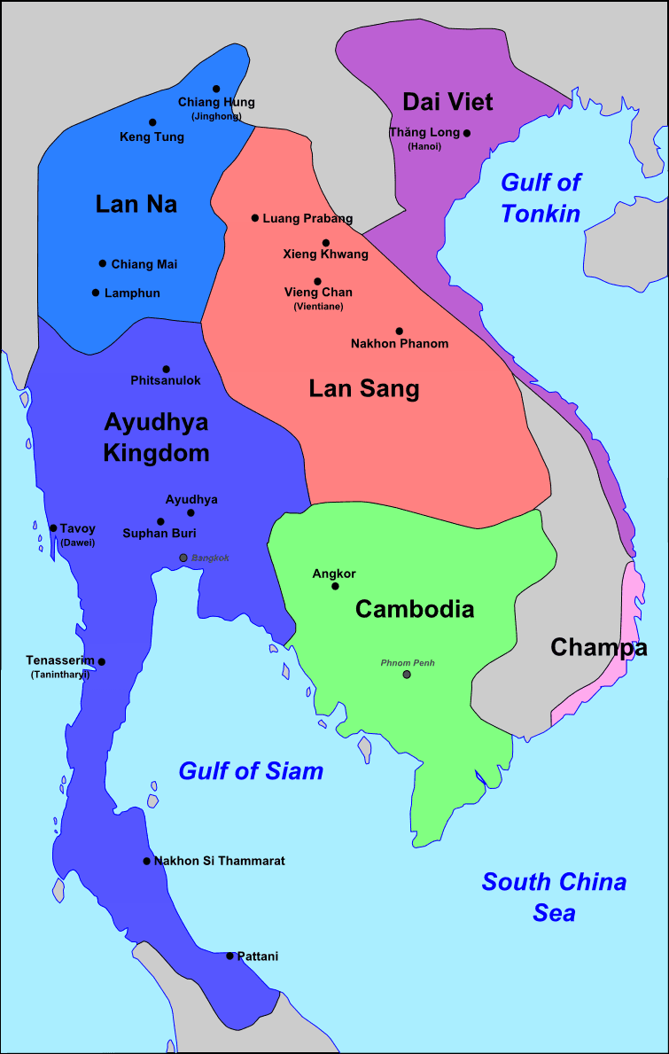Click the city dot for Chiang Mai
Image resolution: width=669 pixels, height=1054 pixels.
pos(103,263)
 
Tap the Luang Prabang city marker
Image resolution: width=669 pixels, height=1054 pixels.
pos(255,217)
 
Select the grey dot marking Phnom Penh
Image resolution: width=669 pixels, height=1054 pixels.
pos(407,675)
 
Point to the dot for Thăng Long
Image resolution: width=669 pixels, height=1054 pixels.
pos(467,133)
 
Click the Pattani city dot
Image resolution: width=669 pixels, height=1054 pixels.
pos(229,956)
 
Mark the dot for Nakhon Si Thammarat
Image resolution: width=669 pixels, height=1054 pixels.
pos(147,861)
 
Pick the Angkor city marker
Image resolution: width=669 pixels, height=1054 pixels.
pos(335,586)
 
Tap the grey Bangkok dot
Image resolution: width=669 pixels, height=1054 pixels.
pos(183,558)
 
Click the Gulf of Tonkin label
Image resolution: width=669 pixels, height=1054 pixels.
pos(541,198)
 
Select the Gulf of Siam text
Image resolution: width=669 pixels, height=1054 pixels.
pos(251,771)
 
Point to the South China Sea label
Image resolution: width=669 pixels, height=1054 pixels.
pos(554,896)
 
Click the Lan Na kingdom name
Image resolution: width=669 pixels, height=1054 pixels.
pos(136,205)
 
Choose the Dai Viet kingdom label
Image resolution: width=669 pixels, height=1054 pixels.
pos(447,102)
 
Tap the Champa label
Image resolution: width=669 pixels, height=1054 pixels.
pos(599,648)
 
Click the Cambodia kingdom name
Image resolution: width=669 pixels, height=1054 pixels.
pos(415,610)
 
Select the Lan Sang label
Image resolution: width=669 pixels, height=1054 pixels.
pos(363,388)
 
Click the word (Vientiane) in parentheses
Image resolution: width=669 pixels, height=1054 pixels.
pos(318,306)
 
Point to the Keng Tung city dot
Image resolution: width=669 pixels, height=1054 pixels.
pos(152,122)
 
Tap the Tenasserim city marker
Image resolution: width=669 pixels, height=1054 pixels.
pos(102,661)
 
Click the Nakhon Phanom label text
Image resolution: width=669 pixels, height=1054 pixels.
pos(400,343)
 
